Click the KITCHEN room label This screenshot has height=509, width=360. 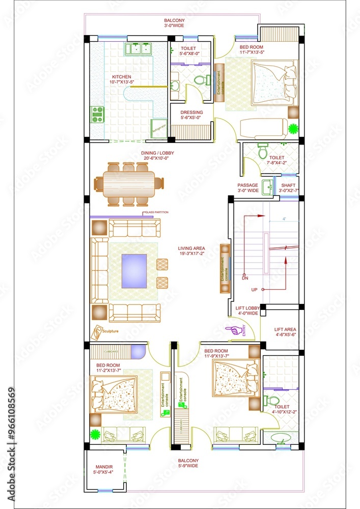click(122, 77)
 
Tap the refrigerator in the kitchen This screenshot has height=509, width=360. click(159, 127)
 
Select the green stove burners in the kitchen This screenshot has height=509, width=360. click(97, 115)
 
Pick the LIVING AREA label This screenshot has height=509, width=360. click(191, 249)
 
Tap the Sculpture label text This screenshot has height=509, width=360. click(110, 331)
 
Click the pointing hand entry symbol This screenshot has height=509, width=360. click(232, 330)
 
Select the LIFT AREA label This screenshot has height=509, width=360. click(285, 329)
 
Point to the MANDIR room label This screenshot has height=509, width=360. click(104, 467)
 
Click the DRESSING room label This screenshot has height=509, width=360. click(191, 112)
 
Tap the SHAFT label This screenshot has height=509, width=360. click(288, 185)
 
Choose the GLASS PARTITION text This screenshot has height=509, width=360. click(157, 212)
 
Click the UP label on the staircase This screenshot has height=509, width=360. click(254, 290)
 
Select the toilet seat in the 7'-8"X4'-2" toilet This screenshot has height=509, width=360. click(263, 151)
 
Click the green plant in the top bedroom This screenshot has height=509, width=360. click(293, 128)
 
